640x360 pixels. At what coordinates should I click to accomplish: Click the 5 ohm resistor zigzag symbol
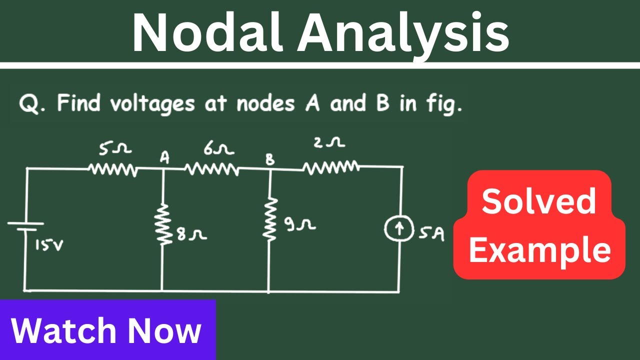[113, 169]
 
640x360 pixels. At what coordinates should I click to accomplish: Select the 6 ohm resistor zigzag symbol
[212, 169]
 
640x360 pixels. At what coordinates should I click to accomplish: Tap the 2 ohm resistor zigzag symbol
[331, 167]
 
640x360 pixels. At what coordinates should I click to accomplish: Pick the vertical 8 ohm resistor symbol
[163, 224]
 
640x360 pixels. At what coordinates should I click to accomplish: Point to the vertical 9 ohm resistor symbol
[270, 218]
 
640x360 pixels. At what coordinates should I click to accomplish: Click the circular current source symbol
[399, 228]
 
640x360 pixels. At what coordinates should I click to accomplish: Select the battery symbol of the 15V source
[25, 226]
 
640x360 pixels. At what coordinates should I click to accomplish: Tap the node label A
[164, 157]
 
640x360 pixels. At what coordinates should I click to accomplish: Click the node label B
[270, 159]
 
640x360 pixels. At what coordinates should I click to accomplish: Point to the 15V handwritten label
[49, 245]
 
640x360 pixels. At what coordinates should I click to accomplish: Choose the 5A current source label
[431, 233]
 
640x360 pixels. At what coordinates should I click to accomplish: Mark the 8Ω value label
[191, 234]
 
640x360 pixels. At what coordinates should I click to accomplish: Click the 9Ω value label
[300, 224]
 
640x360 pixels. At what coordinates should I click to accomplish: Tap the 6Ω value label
[219, 148]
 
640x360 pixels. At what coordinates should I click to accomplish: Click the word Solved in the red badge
[539, 201]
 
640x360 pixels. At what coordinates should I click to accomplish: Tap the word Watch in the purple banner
[63, 330]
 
